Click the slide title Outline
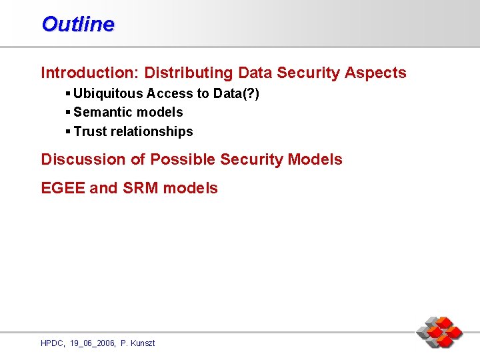pyautogui.click(x=77, y=24)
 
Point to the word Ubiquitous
pyautogui.click(x=108, y=93)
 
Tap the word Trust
pyautogui.click(x=90, y=132)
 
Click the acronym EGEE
pyautogui.click(x=63, y=188)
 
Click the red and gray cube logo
pyautogui.click(x=439, y=332)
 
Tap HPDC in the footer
pyautogui.click(x=52, y=343)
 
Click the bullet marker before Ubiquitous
pyautogui.click(x=69, y=93)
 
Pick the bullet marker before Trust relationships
pyautogui.click(x=69, y=132)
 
